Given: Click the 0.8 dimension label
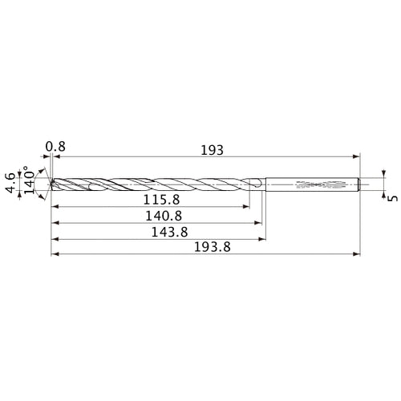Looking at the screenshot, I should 55,147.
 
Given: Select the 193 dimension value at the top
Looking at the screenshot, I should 213,149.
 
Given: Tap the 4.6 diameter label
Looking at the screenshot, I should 10,183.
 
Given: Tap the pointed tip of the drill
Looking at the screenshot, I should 51,184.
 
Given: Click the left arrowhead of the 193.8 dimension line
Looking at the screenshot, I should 54,255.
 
